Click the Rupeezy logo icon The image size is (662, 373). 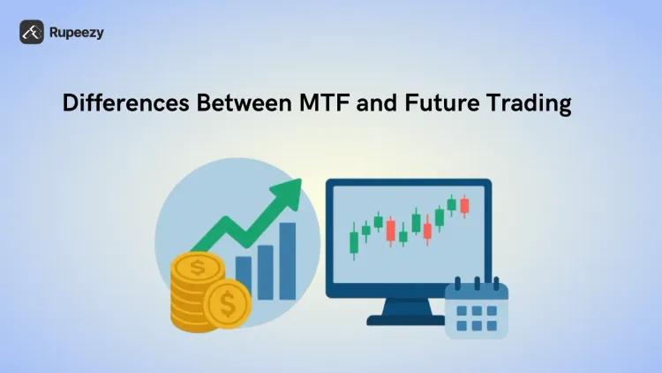(x=32, y=33)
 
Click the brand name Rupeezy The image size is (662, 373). (x=77, y=33)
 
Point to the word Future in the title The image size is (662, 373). (x=440, y=103)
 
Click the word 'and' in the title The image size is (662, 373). (x=382, y=103)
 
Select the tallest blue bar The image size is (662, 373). (x=288, y=260)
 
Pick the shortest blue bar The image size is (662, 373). (x=244, y=276)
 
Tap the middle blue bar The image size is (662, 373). (x=265, y=268)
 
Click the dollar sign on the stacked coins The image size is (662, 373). (x=197, y=265)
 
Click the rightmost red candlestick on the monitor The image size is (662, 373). (x=464, y=206)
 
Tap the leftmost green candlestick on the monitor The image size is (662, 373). (x=355, y=240)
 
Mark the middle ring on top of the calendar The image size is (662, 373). (x=477, y=283)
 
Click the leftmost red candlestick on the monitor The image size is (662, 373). (x=391, y=230)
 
